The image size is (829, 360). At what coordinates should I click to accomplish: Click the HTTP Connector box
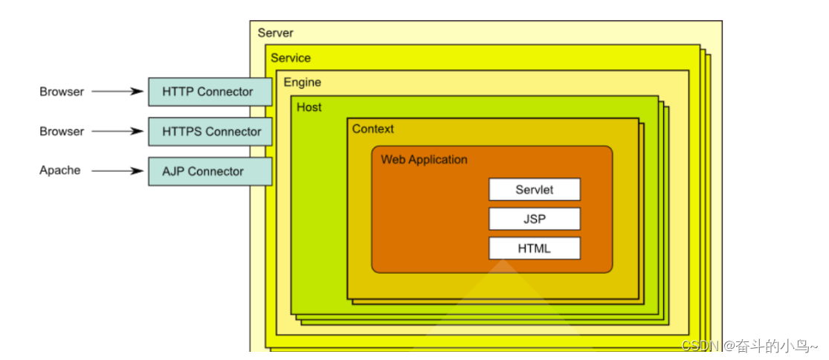[210, 92]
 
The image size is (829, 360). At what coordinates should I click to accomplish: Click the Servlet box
[534, 190]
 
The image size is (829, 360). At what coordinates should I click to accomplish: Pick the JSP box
[534, 219]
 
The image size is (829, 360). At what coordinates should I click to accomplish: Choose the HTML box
[534, 248]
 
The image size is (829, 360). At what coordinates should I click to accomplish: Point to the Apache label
[59, 170]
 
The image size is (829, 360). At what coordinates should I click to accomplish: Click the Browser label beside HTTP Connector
[62, 91]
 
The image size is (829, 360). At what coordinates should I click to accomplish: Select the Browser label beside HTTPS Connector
[62, 131]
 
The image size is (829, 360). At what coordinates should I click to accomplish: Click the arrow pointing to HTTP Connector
[117, 91]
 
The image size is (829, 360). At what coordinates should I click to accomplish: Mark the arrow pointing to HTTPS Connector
[117, 131]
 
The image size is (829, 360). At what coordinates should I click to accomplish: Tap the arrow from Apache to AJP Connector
[117, 170]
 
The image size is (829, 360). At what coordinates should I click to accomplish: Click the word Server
[275, 33]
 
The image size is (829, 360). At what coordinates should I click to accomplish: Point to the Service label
[291, 58]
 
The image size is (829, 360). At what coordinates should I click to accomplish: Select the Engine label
[302, 83]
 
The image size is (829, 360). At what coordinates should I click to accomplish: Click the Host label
[309, 107]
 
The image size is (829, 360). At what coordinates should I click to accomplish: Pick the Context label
[372, 129]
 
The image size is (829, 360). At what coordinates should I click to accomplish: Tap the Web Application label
[424, 159]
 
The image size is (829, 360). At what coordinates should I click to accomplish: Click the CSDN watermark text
[749, 347]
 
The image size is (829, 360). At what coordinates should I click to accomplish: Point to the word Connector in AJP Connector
[216, 171]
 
